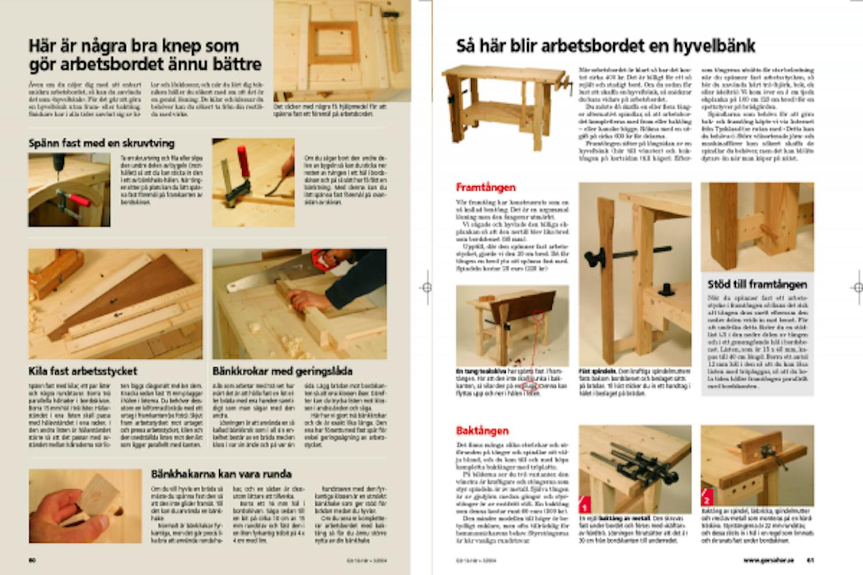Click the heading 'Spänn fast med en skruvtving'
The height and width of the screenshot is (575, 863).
pyautogui.click(x=101, y=143)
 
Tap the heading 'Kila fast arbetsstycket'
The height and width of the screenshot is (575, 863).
pyautogui.click(x=83, y=371)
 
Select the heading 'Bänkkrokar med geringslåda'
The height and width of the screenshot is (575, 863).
pyautogui.click(x=282, y=371)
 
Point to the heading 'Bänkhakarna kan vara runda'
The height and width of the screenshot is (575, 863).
pyautogui.click(x=221, y=474)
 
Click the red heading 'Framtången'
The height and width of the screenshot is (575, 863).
pyautogui.click(x=486, y=187)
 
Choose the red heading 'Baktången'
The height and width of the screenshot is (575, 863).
pyautogui.click(x=482, y=430)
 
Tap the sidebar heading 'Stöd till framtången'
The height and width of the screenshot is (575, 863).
pyautogui.click(x=757, y=284)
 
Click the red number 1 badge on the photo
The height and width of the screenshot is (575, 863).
pyautogui.click(x=585, y=507)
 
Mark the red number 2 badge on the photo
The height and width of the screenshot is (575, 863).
pyautogui.click(x=707, y=499)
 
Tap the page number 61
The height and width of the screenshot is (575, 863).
pyautogui.click(x=810, y=559)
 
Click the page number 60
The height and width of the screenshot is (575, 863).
pyautogui.click(x=32, y=559)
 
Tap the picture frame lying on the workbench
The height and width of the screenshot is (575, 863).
pyautogui.click(x=334, y=43)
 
